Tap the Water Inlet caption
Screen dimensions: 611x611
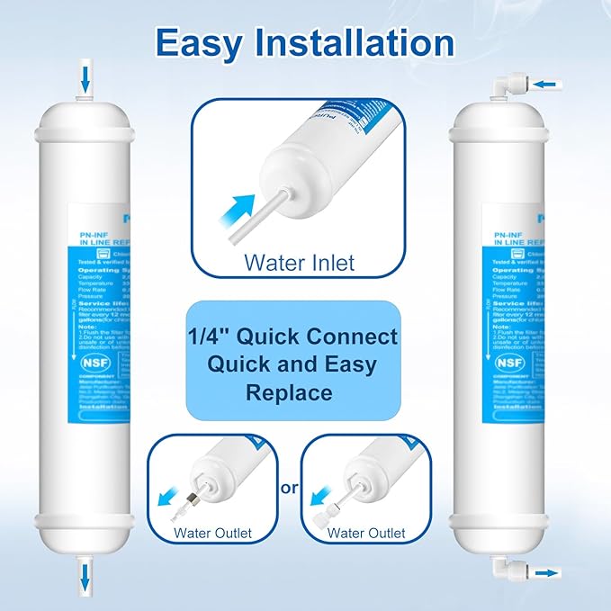click(x=300, y=264)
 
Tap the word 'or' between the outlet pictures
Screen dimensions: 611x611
click(x=288, y=488)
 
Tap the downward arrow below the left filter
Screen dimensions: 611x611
click(x=85, y=573)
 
